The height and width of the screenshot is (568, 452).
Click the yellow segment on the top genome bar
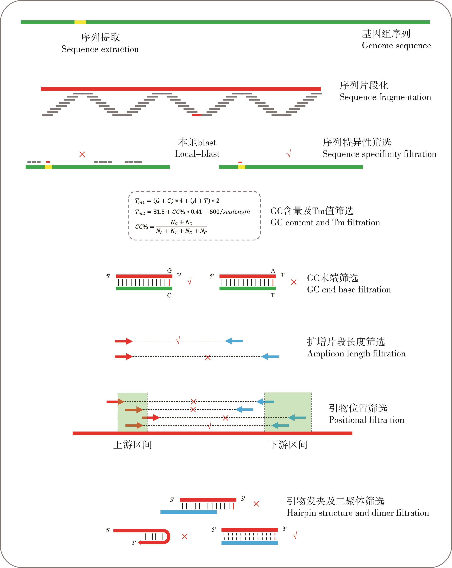[80, 22]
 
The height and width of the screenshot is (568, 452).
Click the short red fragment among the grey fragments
[197, 115]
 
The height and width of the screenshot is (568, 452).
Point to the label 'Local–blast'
[197, 154]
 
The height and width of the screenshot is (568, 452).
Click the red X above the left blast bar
[82, 154]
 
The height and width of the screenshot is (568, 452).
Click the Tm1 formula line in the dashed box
[177, 201]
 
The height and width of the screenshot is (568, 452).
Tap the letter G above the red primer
[169, 271]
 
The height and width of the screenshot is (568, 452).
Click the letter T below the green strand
[273, 295]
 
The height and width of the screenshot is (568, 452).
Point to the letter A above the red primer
[273, 271]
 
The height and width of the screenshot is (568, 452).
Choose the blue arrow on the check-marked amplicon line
[234, 341]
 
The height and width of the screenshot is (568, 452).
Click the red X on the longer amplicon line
[208, 357]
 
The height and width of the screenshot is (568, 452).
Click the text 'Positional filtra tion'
[366, 420]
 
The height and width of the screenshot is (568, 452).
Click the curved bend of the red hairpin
[168, 536]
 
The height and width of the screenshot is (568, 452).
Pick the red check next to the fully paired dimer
[295, 535]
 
